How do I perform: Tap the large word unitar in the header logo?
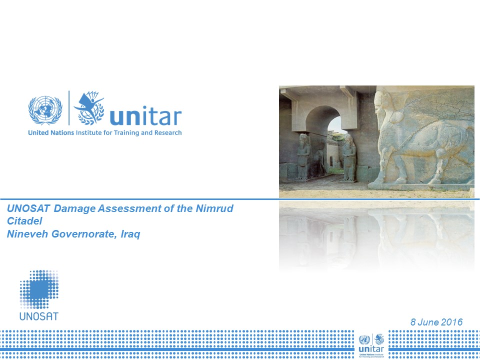[x=145, y=116]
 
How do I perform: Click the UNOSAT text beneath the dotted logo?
[x=38, y=316]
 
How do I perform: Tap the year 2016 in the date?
[x=452, y=322]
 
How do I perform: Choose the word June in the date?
[x=428, y=322]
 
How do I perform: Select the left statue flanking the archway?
[x=303, y=156]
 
